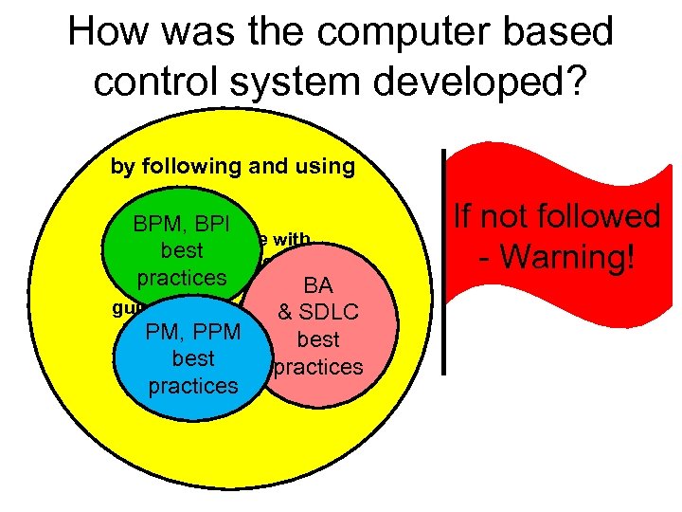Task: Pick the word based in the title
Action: pyautogui.click(x=565, y=33)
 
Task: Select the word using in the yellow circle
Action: pyautogui.click(x=322, y=167)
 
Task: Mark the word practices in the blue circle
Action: pyautogui.click(x=192, y=386)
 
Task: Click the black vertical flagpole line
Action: pyautogui.click(x=443, y=261)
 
